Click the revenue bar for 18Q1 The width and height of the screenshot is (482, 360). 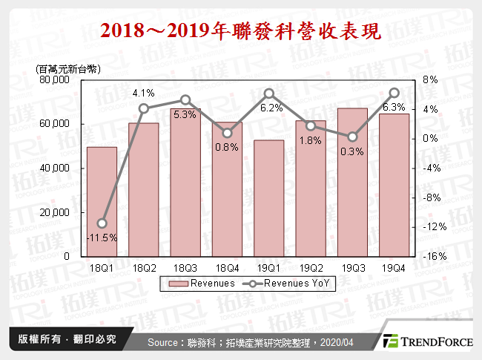102,201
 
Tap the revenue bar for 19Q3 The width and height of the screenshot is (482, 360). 352,182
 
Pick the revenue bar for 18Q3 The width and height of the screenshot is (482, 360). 185,182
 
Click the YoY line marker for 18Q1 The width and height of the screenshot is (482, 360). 102,223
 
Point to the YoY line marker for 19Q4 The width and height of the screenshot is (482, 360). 394,93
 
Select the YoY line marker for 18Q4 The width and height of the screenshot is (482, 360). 227,134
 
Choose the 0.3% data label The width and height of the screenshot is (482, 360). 352,151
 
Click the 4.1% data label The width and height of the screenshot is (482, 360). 143,94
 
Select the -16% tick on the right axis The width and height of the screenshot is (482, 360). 434,256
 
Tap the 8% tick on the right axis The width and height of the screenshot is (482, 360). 430,79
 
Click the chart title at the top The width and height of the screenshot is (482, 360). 240,31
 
